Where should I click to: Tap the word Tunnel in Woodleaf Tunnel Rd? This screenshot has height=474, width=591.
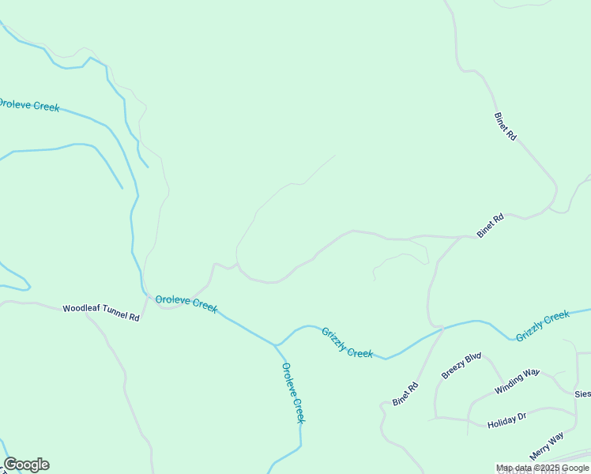(x=113, y=313)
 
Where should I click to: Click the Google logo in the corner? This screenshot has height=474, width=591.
(x=26, y=465)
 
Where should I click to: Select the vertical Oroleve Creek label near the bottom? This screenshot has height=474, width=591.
(x=293, y=392)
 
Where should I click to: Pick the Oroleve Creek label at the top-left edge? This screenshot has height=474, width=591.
(x=28, y=105)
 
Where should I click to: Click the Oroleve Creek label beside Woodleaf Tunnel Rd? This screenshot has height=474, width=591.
(x=186, y=303)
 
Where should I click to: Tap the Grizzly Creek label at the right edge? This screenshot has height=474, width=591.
(x=543, y=326)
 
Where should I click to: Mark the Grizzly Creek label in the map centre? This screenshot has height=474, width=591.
(x=347, y=342)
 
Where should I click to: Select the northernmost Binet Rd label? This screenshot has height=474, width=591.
(x=505, y=126)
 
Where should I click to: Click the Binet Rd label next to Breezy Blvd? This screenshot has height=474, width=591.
(x=405, y=394)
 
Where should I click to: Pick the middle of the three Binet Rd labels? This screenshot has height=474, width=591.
(x=490, y=226)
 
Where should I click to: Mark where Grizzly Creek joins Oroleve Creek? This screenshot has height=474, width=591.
(x=276, y=345)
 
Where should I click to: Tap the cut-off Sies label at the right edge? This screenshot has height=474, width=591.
(x=582, y=393)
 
